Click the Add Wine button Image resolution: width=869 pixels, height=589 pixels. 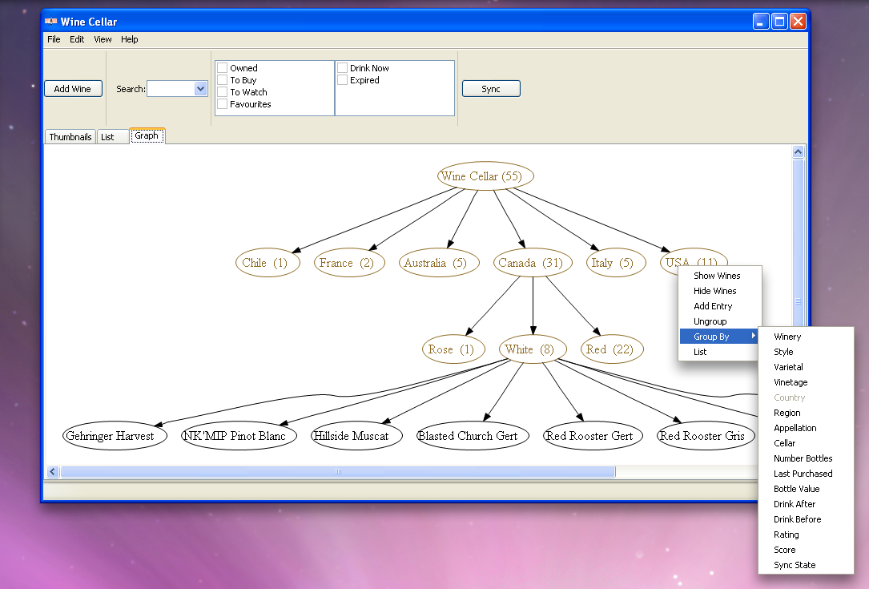[x=73, y=89]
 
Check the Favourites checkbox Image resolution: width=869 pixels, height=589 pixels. [x=222, y=104]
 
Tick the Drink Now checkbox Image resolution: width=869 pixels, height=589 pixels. [x=343, y=67]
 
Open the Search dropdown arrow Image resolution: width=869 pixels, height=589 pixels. [x=200, y=89]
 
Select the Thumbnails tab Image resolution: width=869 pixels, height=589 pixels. [x=70, y=137]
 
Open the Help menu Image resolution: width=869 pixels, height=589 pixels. [x=130, y=39]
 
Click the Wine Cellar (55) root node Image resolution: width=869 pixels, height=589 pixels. [x=485, y=176]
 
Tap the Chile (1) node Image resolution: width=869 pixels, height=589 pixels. [x=268, y=263]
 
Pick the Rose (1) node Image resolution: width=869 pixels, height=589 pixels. [x=453, y=349]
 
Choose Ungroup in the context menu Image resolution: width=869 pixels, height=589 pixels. [x=710, y=321]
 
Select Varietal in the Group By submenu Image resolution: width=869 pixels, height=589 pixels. [x=788, y=367]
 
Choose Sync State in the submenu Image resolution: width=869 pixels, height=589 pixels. [x=795, y=565]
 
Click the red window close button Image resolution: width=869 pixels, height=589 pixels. [x=798, y=22]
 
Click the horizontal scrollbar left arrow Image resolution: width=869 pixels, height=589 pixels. [x=53, y=472]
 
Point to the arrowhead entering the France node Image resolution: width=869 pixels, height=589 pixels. [x=373, y=247]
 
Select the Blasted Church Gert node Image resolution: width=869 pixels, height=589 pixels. [x=473, y=436]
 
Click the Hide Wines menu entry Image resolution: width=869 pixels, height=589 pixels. [x=715, y=291]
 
